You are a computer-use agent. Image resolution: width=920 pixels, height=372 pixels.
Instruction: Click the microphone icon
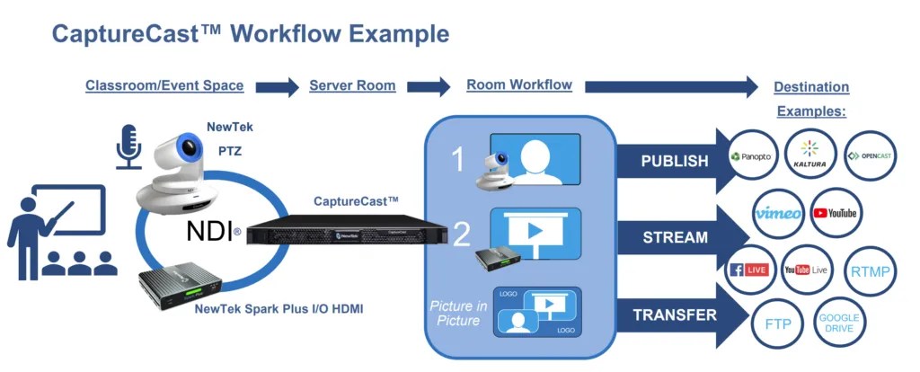click(x=128, y=147)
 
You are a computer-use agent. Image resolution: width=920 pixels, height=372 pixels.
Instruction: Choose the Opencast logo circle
click(x=871, y=155)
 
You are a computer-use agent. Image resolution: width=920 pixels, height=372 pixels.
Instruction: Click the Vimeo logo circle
click(x=779, y=213)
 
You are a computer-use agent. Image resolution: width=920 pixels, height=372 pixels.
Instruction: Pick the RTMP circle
click(x=871, y=270)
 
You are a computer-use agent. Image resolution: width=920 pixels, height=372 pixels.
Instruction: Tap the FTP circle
click(x=778, y=323)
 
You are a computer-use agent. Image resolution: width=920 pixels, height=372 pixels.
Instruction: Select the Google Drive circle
click(x=838, y=323)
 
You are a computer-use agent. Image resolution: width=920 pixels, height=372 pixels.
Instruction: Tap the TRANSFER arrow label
click(x=675, y=315)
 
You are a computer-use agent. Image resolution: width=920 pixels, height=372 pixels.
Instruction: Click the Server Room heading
click(x=352, y=85)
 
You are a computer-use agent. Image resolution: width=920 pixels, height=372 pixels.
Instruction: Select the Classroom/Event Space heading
click(x=164, y=85)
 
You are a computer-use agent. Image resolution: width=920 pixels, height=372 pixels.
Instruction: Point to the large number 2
click(x=461, y=235)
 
